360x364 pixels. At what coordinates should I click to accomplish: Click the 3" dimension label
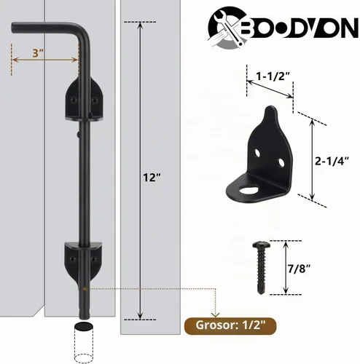tap(38, 53)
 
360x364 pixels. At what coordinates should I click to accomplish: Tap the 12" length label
tap(152, 178)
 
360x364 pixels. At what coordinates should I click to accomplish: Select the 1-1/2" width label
tap(273, 76)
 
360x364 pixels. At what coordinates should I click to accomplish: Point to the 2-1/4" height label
tap(332, 161)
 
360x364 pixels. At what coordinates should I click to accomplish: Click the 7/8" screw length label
tap(298, 269)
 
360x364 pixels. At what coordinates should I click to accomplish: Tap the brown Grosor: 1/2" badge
tap(230, 325)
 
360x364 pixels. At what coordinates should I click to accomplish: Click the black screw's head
tap(262, 245)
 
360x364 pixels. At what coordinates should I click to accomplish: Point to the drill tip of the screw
tap(261, 293)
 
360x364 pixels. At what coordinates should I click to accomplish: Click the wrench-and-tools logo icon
tap(227, 27)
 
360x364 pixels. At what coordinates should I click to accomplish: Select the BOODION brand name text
tap(301, 29)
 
